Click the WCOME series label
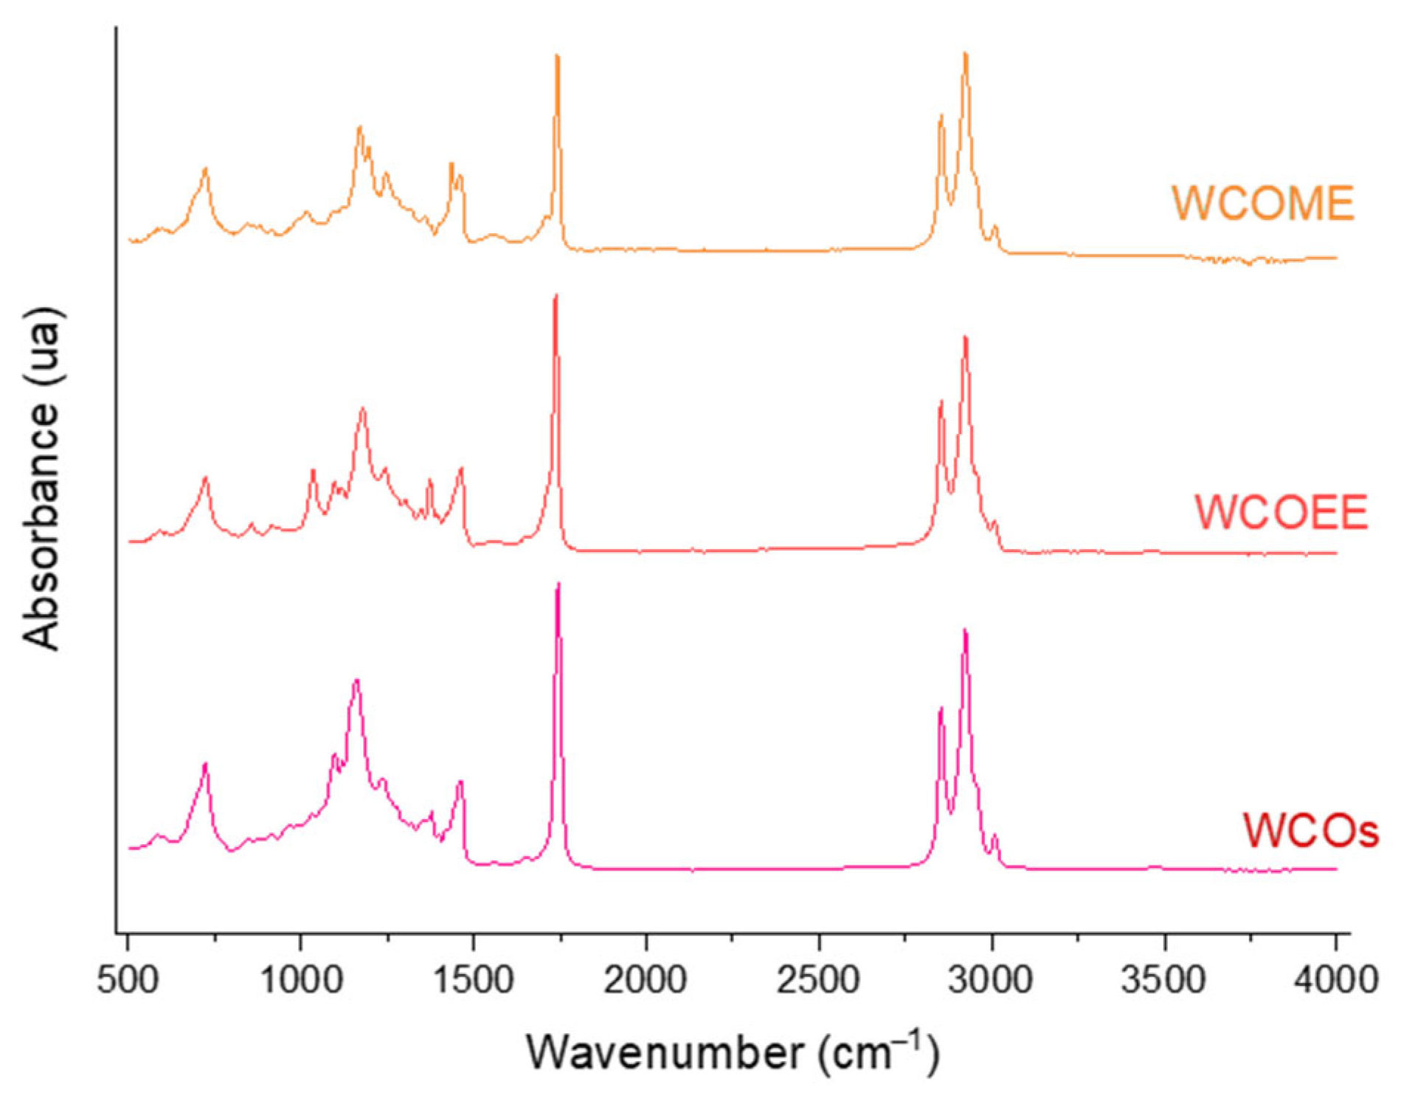[x=1262, y=203]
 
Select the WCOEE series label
[x=1281, y=511]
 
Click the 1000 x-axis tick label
[x=300, y=980]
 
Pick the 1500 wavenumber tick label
[x=473, y=980]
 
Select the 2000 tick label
[x=646, y=980]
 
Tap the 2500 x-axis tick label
[x=819, y=980]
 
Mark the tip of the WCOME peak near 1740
[x=557, y=55]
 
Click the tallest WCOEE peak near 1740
[x=556, y=295]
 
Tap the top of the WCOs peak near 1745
[x=558, y=584]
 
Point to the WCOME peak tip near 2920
[x=965, y=53]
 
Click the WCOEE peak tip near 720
[x=206, y=478]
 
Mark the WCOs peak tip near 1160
[x=357, y=680]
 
